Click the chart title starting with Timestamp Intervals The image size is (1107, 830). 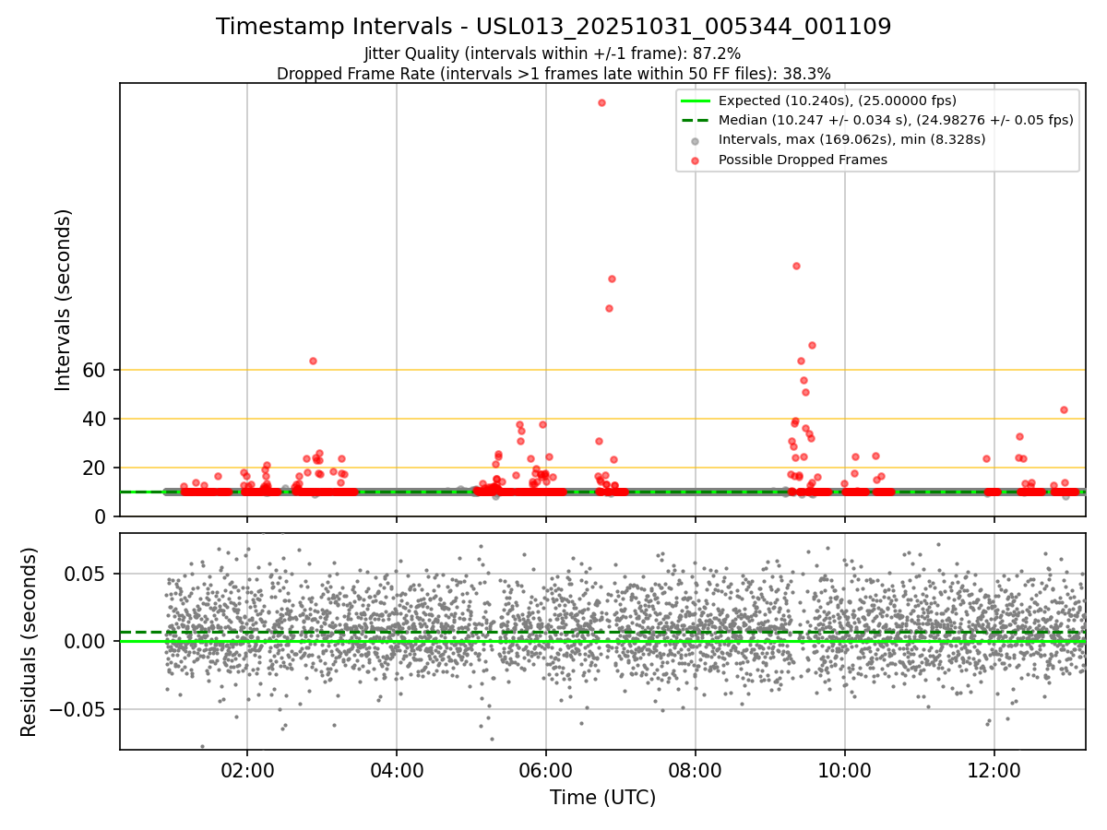pyautogui.click(x=553, y=27)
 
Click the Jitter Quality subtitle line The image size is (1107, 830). pyautogui.click(x=553, y=53)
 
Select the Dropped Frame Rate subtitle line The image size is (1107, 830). pyautogui.click(x=553, y=74)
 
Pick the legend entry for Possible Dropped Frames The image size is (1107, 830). pyautogui.click(x=803, y=160)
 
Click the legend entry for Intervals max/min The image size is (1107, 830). pyautogui.click(x=851, y=139)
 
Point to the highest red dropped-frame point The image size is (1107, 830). pyautogui.click(x=601, y=102)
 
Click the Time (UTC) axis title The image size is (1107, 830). pyautogui.click(x=602, y=798)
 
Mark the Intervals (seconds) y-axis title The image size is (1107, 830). pyautogui.click(x=63, y=300)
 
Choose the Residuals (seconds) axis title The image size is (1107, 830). pyautogui.click(x=29, y=641)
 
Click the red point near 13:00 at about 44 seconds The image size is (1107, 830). pyautogui.click(x=1064, y=409)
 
